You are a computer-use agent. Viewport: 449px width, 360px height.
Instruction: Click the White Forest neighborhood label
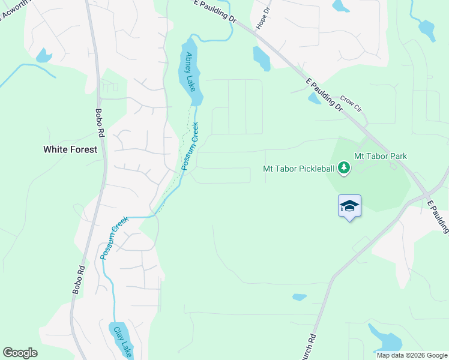[70, 149]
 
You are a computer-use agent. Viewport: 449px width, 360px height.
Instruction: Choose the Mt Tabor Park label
[381, 156]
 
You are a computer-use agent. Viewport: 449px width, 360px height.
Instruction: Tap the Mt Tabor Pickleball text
[298, 169]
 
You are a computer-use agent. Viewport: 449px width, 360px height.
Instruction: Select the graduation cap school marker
[349, 206]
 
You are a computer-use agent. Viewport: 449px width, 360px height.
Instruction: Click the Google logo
[20, 353]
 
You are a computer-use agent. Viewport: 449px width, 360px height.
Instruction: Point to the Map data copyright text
[411, 355]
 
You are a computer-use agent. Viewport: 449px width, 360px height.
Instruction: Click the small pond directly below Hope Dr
[261, 58]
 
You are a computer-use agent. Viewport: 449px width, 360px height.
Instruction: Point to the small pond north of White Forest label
[43, 55]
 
